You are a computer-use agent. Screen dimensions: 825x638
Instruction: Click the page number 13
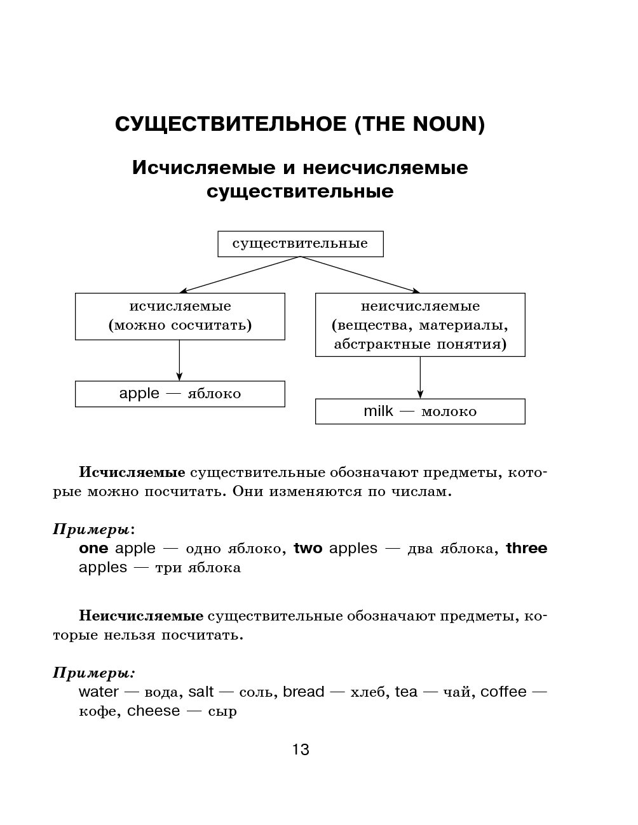coord(301,750)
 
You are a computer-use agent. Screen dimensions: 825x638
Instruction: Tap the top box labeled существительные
coord(300,244)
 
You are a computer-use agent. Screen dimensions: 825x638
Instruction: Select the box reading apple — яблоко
coord(180,394)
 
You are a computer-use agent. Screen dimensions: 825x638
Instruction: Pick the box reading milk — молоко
coord(420,412)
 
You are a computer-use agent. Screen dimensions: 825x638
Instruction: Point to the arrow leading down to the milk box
coord(420,377)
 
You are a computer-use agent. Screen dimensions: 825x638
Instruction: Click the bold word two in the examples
coord(308,548)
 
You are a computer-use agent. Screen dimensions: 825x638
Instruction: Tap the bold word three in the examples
coord(526,548)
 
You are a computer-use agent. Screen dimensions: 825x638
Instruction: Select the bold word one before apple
coord(93,548)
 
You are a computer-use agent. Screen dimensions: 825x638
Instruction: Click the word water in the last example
coord(98,692)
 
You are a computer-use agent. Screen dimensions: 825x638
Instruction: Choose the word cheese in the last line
coord(153,711)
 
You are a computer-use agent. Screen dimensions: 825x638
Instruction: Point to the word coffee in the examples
coord(503,692)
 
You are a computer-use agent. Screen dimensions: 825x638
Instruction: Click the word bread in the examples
coord(304,692)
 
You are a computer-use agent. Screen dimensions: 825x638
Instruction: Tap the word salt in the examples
coord(201,692)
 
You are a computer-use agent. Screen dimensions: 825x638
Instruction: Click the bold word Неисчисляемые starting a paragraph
coord(141,616)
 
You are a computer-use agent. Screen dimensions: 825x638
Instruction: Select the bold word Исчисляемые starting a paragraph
coord(132,473)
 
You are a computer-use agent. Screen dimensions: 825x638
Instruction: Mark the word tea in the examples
coord(406,692)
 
